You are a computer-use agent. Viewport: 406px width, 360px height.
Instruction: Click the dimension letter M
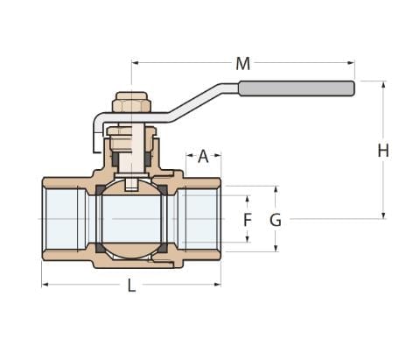pyautogui.click(x=243, y=64)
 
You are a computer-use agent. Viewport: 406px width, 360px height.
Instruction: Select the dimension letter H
pyautogui.click(x=383, y=151)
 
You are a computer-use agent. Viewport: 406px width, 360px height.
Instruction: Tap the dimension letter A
pyautogui.click(x=203, y=156)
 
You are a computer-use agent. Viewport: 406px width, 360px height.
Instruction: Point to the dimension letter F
pyautogui.click(x=248, y=220)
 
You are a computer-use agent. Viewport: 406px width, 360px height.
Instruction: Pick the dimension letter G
pyautogui.click(x=276, y=220)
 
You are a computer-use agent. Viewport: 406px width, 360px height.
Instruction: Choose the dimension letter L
pyautogui.click(x=132, y=286)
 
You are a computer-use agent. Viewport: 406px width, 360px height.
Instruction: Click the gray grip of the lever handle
pyautogui.click(x=297, y=88)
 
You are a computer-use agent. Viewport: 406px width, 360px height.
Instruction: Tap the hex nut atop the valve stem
pyautogui.click(x=131, y=102)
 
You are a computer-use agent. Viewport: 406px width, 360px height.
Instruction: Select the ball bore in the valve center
pyautogui.click(x=132, y=219)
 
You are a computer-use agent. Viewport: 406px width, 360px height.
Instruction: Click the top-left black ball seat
pyautogui.click(x=101, y=189)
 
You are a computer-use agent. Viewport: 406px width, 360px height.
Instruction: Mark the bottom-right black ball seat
pyautogui.click(x=163, y=248)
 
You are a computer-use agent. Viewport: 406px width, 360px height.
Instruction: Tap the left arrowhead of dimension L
pyautogui.click(x=45, y=285)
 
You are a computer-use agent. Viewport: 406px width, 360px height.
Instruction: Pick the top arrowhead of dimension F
pyautogui.click(x=248, y=199)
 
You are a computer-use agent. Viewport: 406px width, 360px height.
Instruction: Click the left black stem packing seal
pyautogui.click(x=115, y=159)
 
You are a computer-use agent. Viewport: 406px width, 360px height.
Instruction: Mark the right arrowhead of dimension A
pyautogui.click(x=217, y=155)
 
